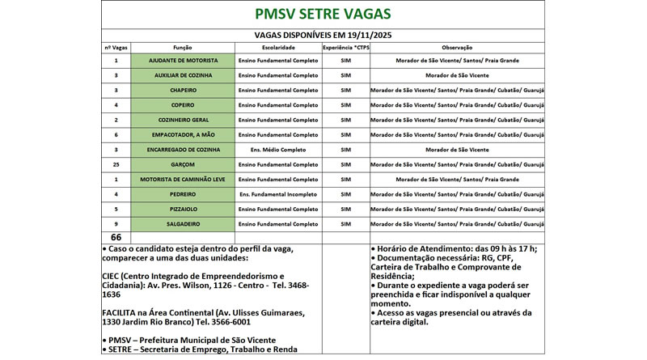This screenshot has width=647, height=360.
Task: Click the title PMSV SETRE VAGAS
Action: [322, 15]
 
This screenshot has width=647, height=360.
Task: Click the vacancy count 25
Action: [116, 164]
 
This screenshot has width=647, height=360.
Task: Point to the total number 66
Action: [116, 236]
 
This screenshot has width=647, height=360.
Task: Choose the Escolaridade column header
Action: [278, 48]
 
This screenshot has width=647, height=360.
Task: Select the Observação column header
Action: [457, 48]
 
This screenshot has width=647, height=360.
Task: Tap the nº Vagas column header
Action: [116, 48]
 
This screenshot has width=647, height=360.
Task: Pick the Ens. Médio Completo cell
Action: [278, 150]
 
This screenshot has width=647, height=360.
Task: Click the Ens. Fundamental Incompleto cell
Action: [278, 194]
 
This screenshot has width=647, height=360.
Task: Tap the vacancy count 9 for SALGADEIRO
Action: [116, 223]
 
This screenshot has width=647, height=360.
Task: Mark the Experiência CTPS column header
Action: [346, 48]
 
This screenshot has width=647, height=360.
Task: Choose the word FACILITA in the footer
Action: [124, 311]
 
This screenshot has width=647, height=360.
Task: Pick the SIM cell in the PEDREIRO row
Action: [346, 194]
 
